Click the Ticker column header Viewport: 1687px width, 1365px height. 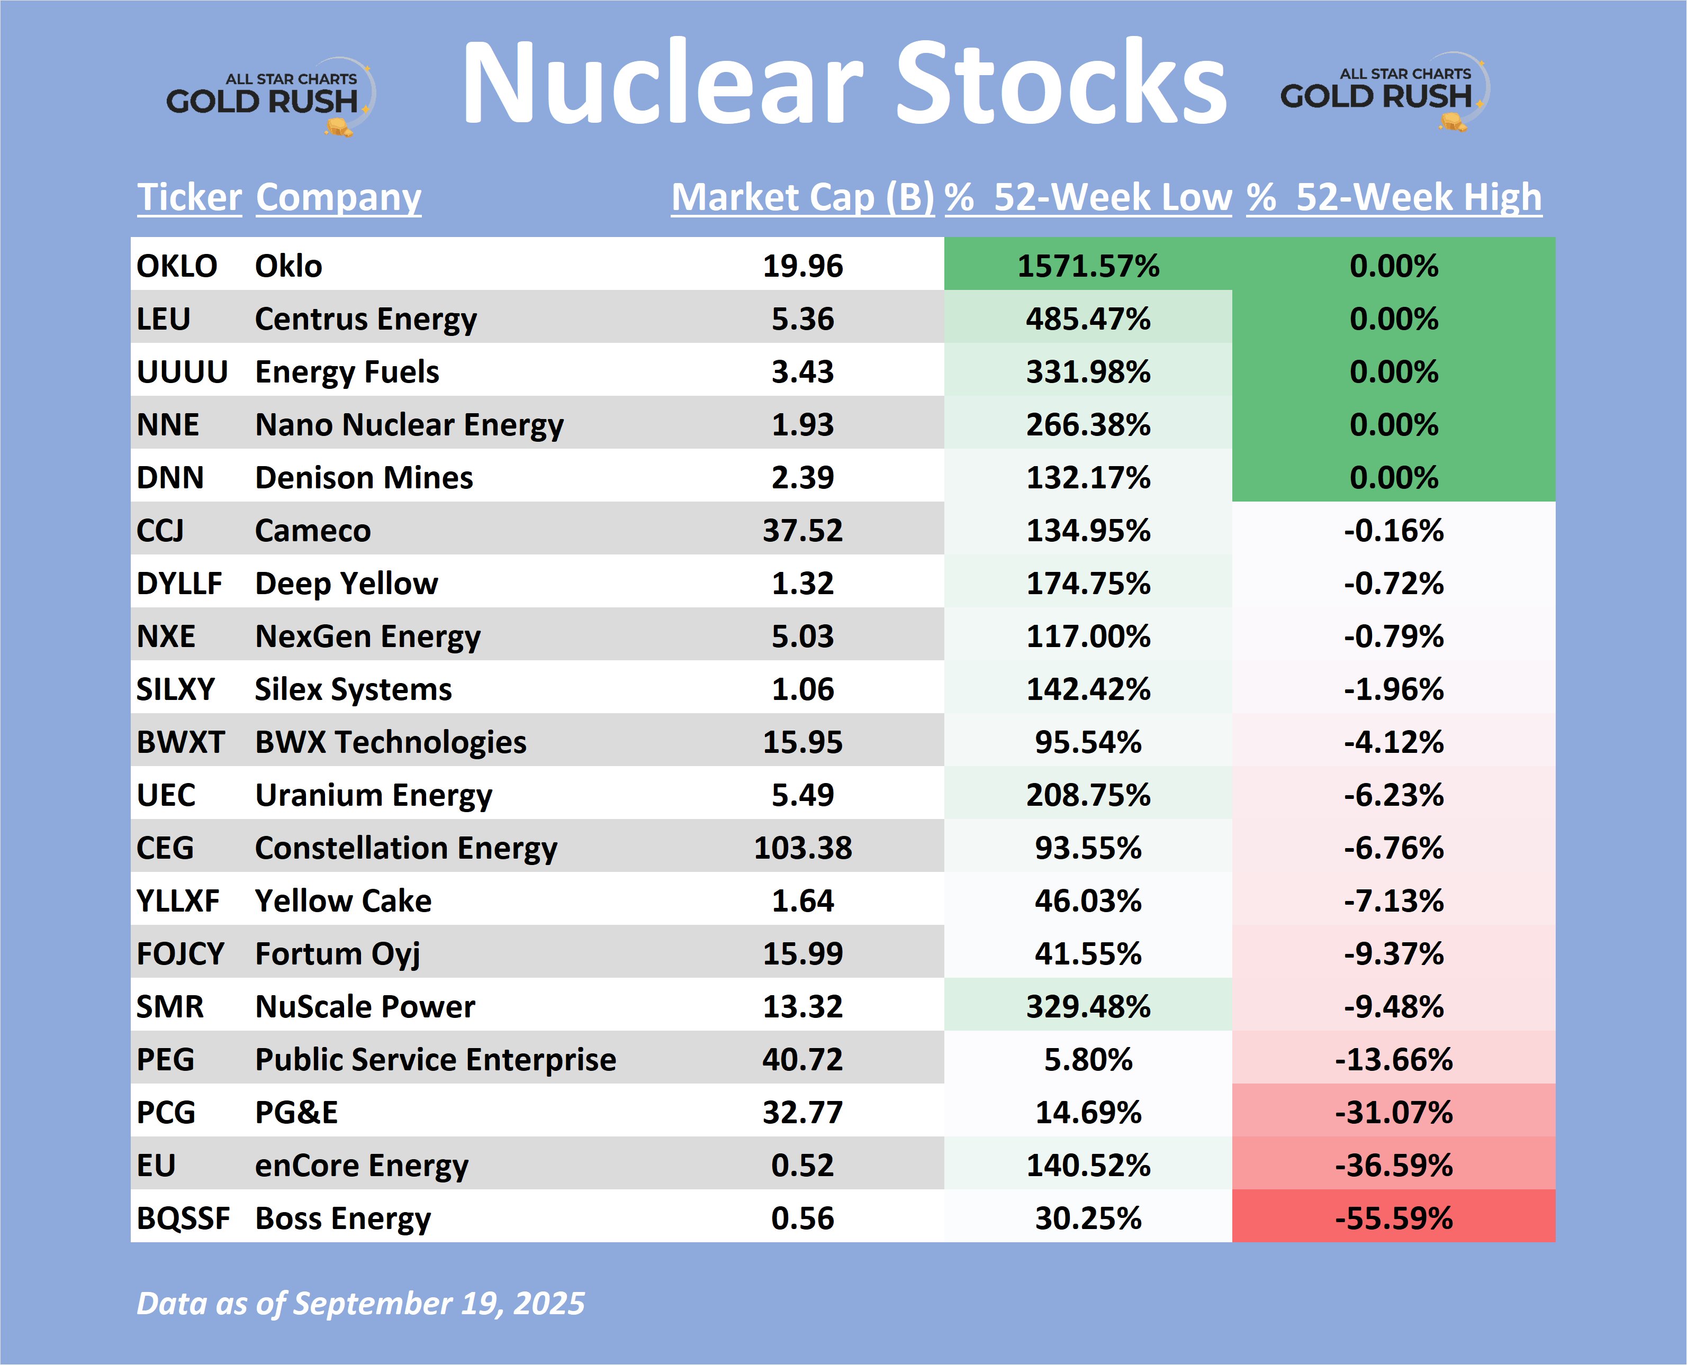pyautogui.click(x=190, y=197)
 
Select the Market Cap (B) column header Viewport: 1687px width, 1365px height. pyautogui.click(x=802, y=197)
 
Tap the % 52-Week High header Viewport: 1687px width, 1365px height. pyautogui.click(x=1394, y=197)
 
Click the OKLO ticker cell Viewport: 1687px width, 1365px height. pyautogui.click(x=177, y=266)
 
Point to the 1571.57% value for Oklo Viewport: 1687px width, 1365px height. pyautogui.click(x=1088, y=266)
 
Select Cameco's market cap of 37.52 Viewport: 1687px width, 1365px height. pyautogui.click(x=802, y=531)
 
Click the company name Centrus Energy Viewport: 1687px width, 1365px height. pyautogui.click(x=366, y=319)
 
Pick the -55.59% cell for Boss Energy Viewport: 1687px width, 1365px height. pyautogui.click(x=1394, y=1218)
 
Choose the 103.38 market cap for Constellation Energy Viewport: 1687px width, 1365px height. pyautogui.click(x=802, y=848)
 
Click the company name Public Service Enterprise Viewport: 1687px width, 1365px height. pyautogui.click(x=436, y=1059)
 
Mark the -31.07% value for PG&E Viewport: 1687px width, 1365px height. pyautogui.click(x=1394, y=1112)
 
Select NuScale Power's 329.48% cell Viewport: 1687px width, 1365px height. pyautogui.click(x=1088, y=1006)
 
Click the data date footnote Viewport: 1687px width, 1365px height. pyautogui.click(x=360, y=1304)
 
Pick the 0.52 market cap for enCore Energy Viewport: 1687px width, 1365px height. pyautogui.click(x=802, y=1166)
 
